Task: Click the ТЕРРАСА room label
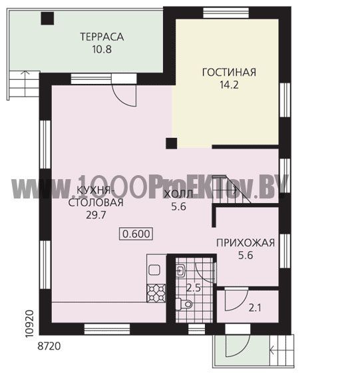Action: point(102,37)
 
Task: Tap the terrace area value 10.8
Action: point(102,49)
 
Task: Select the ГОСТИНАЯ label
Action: point(229,73)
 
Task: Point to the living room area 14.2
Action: point(229,85)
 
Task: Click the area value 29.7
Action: point(96,215)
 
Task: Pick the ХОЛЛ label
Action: point(179,194)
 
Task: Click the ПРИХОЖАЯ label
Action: point(246,243)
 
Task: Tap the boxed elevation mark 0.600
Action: point(136,234)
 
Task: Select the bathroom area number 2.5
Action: point(194,288)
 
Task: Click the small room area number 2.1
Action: point(255,308)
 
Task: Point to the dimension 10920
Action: point(29,324)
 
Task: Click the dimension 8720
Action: point(49,346)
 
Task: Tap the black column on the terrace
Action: point(47,19)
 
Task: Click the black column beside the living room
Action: point(171,143)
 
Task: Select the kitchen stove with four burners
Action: point(156,294)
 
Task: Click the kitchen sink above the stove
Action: point(154,270)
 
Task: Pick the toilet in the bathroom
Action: point(184,304)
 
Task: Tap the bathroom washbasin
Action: point(180,270)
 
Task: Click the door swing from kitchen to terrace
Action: point(124,96)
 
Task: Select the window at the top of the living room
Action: point(226,13)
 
